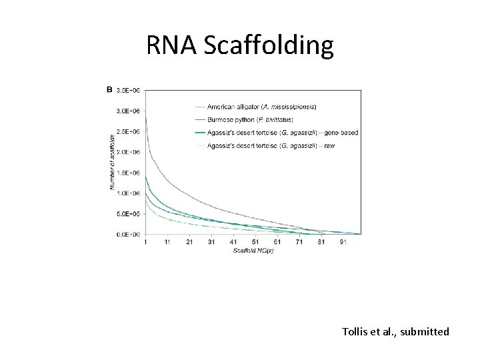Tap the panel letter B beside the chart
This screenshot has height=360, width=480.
click(109, 89)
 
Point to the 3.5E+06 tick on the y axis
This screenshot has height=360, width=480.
click(128, 90)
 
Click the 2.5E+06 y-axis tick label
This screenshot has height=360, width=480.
click(128, 131)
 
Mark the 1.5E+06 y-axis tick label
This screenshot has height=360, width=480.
click(128, 173)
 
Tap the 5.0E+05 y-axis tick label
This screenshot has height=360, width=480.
click(128, 214)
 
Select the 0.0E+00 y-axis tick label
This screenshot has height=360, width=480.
click(128, 235)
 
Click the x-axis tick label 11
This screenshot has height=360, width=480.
click(167, 242)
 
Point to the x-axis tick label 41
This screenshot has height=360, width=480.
click(233, 242)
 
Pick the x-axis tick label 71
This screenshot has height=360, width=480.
click(299, 242)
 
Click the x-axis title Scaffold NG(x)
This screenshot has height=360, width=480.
click(253, 251)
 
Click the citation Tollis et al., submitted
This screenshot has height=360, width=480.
click(395, 331)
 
